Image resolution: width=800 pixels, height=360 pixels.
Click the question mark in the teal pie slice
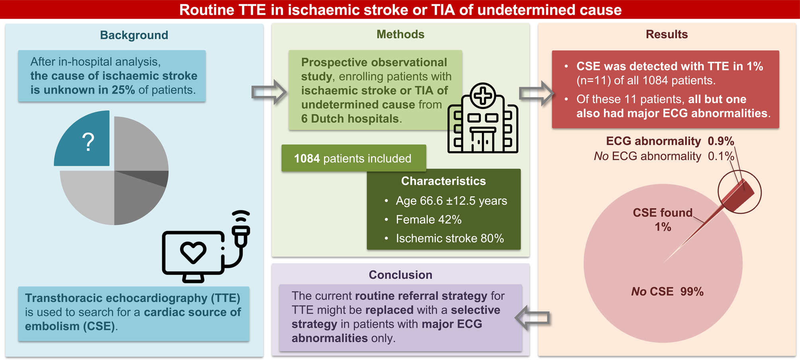[88, 142]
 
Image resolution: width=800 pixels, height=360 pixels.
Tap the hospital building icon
[483, 118]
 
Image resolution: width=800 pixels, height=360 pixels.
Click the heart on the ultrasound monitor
[193, 252]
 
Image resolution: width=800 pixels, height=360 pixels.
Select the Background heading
[134, 35]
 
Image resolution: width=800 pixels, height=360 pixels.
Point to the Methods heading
[400, 34]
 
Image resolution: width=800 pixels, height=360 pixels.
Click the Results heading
[667, 34]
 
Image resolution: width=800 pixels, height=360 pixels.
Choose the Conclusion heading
[400, 275]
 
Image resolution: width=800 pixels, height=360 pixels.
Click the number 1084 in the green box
[307, 158]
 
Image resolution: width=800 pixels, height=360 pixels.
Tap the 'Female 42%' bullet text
[429, 219]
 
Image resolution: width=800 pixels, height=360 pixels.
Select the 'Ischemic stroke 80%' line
[450, 238]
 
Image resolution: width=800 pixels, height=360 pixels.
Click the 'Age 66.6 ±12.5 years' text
[451, 201]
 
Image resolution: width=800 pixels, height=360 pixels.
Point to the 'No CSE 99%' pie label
[667, 292]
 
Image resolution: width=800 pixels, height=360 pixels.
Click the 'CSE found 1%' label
[663, 219]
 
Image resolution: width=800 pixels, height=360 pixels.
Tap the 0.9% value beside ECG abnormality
[721, 141]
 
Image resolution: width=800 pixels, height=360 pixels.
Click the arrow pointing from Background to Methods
[269, 92]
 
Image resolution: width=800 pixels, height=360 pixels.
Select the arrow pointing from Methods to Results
[537, 94]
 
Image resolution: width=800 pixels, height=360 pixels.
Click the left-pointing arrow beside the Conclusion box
[533, 318]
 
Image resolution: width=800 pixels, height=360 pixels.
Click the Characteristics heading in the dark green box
[443, 181]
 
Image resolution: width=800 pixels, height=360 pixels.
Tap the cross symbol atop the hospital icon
[483, 96]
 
